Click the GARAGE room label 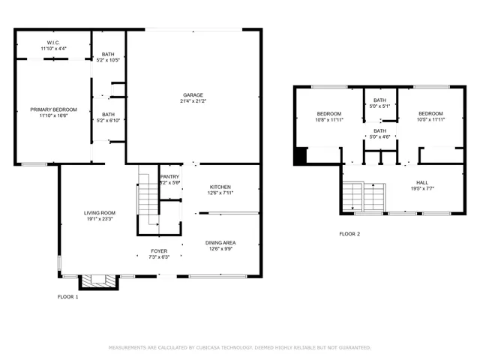click(x=193, y=95)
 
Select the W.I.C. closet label click(x=52, y=42)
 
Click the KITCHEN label click(x=220, y=187)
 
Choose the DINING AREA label click(x=220, y=242)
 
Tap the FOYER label click(x=159, y=250)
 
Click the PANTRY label click(x=169, y=177)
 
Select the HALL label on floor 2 click(x=422, y=182)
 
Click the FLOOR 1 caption click(x=67, y=297)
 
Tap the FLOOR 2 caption click(x=349, y=234)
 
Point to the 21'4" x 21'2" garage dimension click(x=193, y=101)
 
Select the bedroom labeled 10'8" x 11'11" click(x=328, y=116)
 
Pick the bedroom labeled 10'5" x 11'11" click(x=430, y=116)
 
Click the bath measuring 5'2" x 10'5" click(x=109, y=56)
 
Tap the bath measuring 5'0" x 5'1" click(x=380, y=103)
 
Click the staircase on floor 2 click(x=363, y=197)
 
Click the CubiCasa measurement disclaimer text click(x=240, y=348)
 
